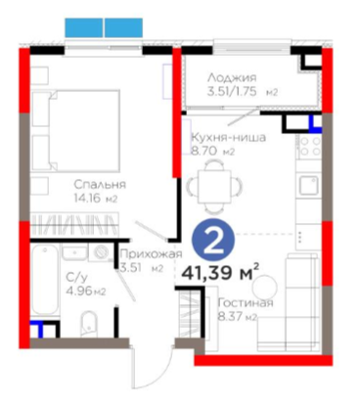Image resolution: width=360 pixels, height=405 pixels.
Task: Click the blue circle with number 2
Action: (x=213, y=240)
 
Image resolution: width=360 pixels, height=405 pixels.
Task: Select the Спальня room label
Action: (x=100, y=185)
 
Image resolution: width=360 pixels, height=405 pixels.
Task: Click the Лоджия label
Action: (x=232, y=77)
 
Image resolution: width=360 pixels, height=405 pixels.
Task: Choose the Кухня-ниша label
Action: (x=228, y=137)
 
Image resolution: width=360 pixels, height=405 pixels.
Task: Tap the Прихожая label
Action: (x=151, y=254)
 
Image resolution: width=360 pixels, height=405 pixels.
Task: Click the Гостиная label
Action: (x=246, y=303)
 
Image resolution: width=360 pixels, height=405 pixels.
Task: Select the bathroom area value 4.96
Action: (x=79, y=291)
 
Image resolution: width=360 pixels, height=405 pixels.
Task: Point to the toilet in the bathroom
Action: (x=88, y=324)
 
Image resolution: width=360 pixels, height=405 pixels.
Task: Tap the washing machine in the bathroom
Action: (x=102, y=252)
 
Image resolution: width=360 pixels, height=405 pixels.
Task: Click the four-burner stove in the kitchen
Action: (x=310, y=146)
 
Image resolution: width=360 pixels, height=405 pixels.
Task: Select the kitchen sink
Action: (x=308, y=185)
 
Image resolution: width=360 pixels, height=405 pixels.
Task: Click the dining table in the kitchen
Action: (x=214, y=187)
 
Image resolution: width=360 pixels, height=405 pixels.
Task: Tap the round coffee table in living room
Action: (x=265, y=288)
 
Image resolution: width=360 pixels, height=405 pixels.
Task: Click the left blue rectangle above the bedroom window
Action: (x=84, y=27)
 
